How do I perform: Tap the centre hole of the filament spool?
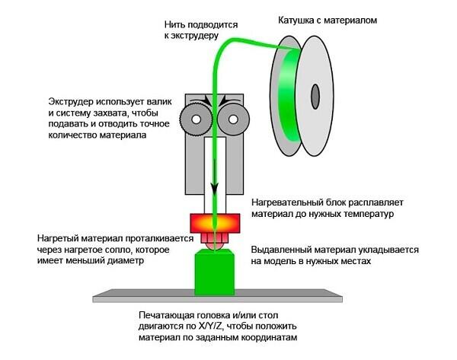click(x=315, y=96)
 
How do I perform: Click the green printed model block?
click(x=214, y=272)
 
